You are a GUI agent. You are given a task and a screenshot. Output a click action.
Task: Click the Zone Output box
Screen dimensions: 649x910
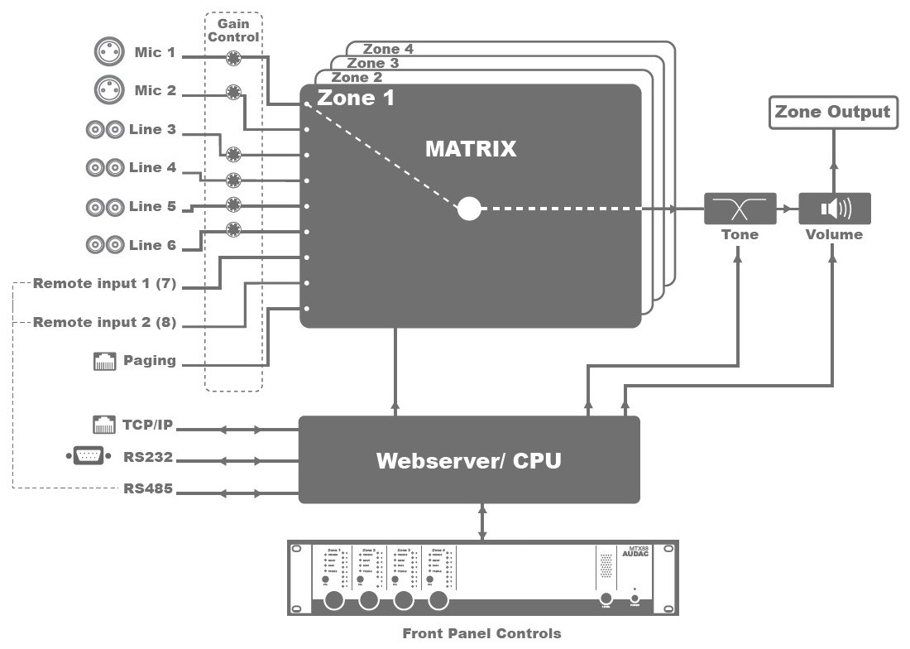pyautogui.click(x=832, y=112)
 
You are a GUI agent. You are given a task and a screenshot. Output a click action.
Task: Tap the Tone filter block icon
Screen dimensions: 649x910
pyautogui.click(x=740, y=209)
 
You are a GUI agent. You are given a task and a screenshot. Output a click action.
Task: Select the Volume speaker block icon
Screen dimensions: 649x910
pyautogui.click(x=834, y=209)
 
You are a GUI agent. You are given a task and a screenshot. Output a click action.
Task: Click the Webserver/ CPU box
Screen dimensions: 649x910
pyautogui.click(x=469, y=459)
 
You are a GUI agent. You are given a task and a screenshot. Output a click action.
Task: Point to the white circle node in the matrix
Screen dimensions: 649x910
pyautogui.click(x=469, y=209)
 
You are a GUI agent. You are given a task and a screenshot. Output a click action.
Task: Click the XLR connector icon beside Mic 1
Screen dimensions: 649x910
pyautogui.click(x=108, y=52)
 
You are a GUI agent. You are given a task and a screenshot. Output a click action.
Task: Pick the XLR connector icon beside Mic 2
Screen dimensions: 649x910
pyautogui.click(x=108, y=89)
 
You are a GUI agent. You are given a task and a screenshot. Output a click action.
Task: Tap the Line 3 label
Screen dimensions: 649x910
pyautogui.click(x=152, y=129)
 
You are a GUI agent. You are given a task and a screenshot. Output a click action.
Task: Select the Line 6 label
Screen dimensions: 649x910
pyautogui.click(x=152, y=245)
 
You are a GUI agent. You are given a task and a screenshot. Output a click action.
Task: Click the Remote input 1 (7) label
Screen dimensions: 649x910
pyautogui.click(x=104, y=284)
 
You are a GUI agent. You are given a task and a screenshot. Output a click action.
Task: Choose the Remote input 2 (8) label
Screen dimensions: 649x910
pyautogui.click(x=104, y=322)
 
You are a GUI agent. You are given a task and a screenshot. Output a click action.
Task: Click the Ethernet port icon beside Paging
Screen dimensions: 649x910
pyautogui.click(x=104, y=360)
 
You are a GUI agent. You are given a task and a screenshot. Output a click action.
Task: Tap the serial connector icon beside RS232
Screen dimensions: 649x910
pyautogui.click(x=89, y=456)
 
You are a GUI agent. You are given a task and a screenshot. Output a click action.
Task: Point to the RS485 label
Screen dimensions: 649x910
pyautogui.click(x=149, y=488)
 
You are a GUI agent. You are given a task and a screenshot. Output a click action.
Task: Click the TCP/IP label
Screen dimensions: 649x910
pyautogui.click(x=149, y=426)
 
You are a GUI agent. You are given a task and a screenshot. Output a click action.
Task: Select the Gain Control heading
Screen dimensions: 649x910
pyautogui.click(x=233, y=31)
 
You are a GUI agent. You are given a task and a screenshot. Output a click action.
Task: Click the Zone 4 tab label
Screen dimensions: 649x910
pyautogui.click(x=388, y=49)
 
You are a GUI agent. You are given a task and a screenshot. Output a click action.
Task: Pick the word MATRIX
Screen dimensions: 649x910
pyautogui.click(x=471, y=149)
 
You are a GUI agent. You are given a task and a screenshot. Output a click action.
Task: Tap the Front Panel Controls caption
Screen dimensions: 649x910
pyautogui.click(x=481, y=634)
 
